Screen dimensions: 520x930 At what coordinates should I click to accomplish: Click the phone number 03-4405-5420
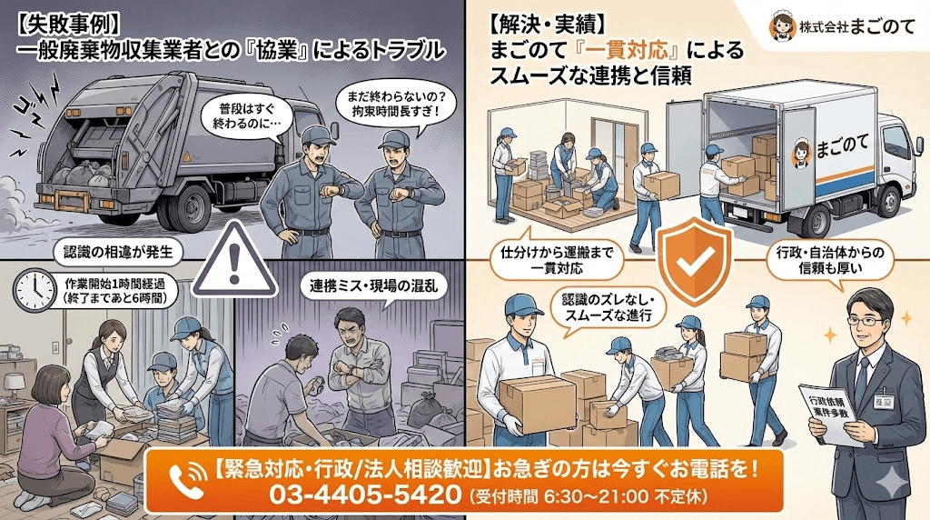tap(363, 496)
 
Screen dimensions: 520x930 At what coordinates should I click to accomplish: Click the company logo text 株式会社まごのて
tap(839, 29)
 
